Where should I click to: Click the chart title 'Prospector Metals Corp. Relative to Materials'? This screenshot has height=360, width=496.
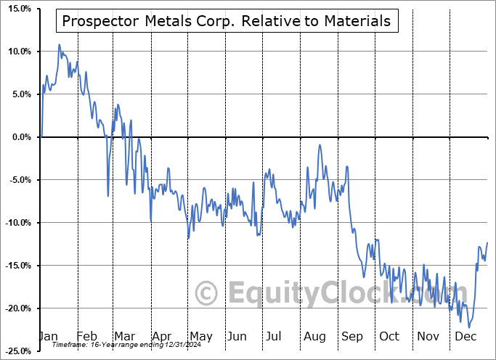226,21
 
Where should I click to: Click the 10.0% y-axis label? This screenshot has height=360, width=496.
20,52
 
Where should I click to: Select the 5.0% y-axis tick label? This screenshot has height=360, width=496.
21,94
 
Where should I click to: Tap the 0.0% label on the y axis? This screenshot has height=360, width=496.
21,137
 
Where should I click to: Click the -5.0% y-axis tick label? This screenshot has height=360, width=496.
20,180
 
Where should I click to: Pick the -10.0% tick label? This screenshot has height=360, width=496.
18,223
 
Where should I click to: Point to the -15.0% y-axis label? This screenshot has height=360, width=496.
18,266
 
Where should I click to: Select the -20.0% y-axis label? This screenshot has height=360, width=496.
18,308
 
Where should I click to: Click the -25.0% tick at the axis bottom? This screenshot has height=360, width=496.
18,351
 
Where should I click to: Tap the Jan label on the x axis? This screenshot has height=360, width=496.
48,336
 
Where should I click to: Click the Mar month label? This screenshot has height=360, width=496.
123,336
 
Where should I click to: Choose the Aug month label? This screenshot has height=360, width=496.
314,336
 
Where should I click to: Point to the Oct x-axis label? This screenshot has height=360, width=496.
389,336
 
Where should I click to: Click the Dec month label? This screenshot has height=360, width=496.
465,336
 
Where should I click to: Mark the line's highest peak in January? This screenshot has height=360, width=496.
60,45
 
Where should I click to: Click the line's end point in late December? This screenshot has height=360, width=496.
487,242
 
